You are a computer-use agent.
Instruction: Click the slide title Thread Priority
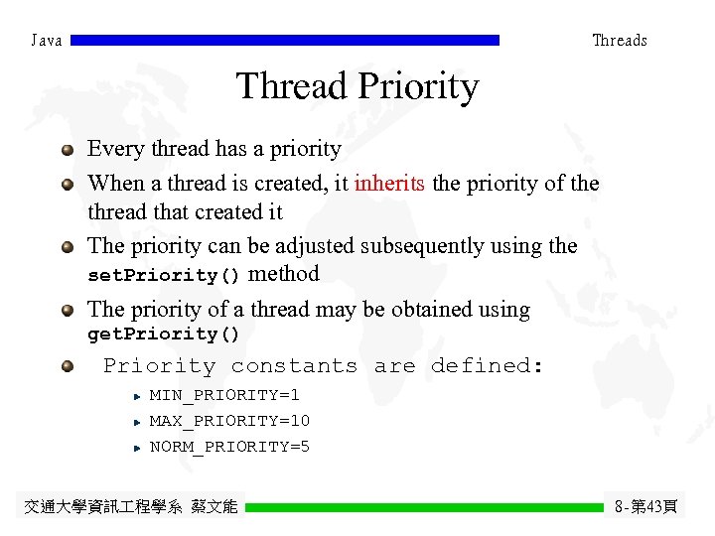click(357, 87)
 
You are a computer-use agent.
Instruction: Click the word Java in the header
click(47, 41)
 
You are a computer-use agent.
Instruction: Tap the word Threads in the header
click(619, 41)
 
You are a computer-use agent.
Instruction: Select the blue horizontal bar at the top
click(285, 41)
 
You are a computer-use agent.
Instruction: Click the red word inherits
click(390, 184)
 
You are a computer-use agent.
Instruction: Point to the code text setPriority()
click(165, 275)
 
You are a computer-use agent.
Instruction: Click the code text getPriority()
click(165, 335)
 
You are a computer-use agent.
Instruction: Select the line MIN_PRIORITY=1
click(224, 395)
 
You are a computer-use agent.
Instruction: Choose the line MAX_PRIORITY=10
click(229, 421)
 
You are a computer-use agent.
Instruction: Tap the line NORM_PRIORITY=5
click(229, 447)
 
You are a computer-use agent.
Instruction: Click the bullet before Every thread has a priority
click(67, 150)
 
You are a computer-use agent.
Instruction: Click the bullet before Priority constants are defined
click(67, 366)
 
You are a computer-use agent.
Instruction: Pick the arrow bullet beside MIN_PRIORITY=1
click(137, 396)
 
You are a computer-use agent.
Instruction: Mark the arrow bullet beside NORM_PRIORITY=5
click(137, 448)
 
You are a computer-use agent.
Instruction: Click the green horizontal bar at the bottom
click(424, 507)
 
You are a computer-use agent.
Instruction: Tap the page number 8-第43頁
click(645, 507)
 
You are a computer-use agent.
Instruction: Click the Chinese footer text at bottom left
click(130, 507)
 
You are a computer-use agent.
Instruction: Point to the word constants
click(294, 366)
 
